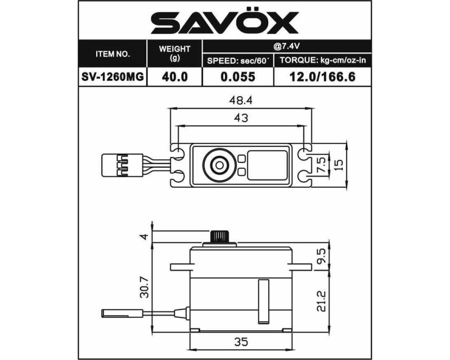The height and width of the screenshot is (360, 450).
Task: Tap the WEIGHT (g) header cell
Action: [x=174, y=54]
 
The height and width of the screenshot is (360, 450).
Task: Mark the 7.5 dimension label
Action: [x=321, y=163]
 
